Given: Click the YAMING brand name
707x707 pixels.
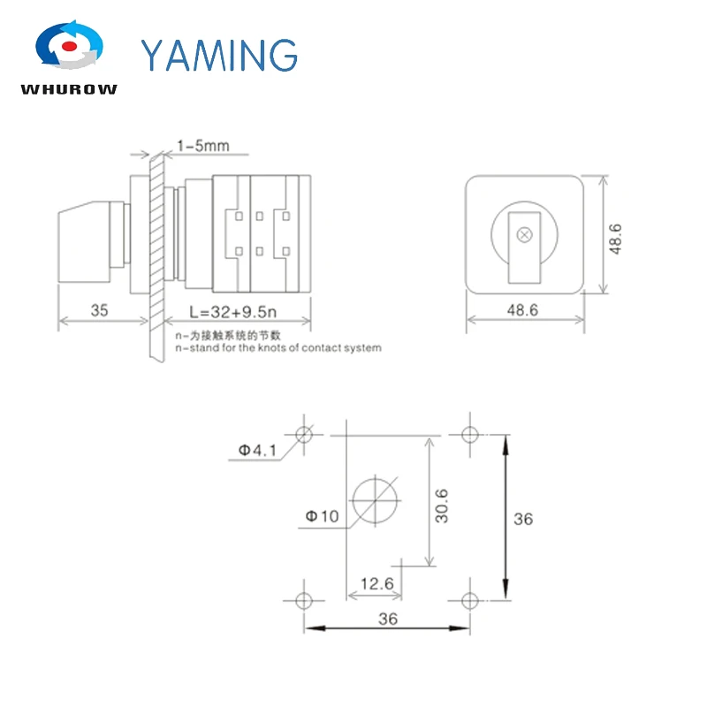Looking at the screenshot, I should [x=219, y=55].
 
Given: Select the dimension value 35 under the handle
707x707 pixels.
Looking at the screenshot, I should [x=98, y=309].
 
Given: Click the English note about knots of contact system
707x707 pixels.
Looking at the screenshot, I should [x=278, y=348].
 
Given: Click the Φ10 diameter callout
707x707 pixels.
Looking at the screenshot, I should [x=322, y=516].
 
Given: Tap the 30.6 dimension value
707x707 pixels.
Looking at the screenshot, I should [x=442, y=506].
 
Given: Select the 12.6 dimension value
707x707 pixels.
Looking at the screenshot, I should [x=375, y=584].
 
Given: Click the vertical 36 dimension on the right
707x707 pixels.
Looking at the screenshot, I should [x=522, y=519].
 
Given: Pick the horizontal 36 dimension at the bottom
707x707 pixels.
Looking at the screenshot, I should [x=387, y=619].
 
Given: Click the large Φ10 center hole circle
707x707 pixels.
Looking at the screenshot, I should [x=376, y=499].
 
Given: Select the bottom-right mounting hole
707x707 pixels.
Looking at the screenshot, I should [x=468, y=599].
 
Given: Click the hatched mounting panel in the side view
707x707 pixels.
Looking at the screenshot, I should [x=157, y=256].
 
